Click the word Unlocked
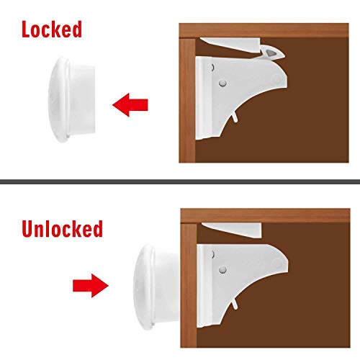61,230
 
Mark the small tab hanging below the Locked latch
236,116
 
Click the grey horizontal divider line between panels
180,180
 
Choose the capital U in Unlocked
28,230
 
